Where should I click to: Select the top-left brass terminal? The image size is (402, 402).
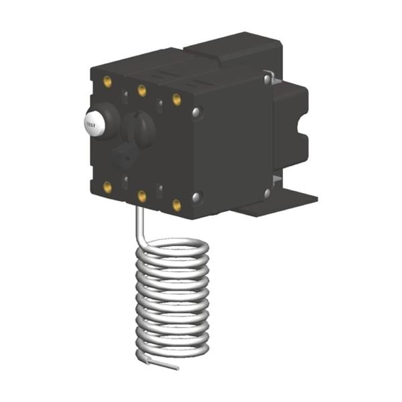[107, 82]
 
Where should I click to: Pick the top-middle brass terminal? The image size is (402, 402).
[142, 89]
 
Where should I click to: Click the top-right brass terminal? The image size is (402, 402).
[176, 99]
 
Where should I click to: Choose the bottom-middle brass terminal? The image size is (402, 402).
[142, 195]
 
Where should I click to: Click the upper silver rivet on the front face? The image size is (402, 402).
[196, 113]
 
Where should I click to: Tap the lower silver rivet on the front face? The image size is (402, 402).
[196, 197]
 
